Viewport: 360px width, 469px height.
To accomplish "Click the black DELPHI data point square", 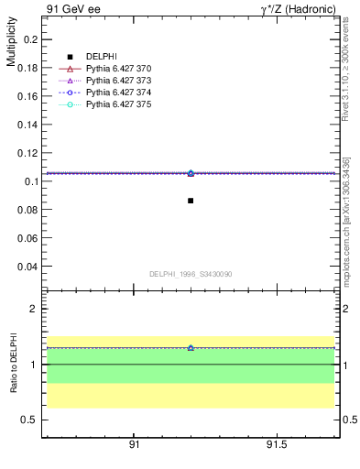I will tap(191, 201).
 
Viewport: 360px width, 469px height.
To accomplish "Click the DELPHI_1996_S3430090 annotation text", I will tap(191, 274).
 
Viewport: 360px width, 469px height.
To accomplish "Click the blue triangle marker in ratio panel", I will tap(191, 348).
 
